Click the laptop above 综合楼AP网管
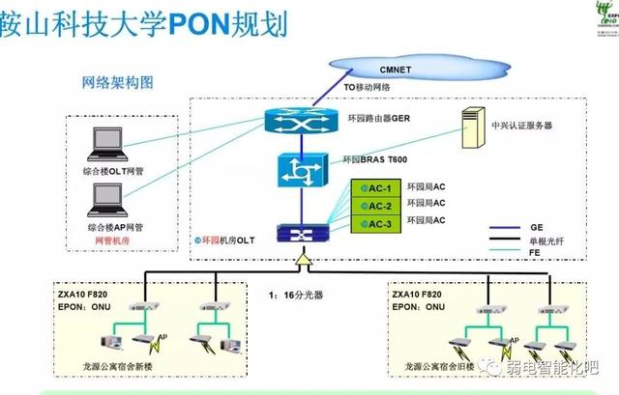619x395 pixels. [x=103, y=201]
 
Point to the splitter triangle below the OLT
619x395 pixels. [x=302, y=260]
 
